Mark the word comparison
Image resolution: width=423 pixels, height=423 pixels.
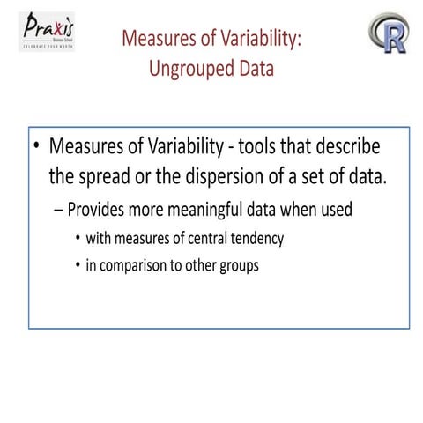[134, 265]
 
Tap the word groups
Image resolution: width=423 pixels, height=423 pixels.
[238, 265]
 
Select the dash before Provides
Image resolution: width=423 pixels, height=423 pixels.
[59, 211]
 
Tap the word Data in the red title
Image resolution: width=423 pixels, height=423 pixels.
[247, 69]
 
